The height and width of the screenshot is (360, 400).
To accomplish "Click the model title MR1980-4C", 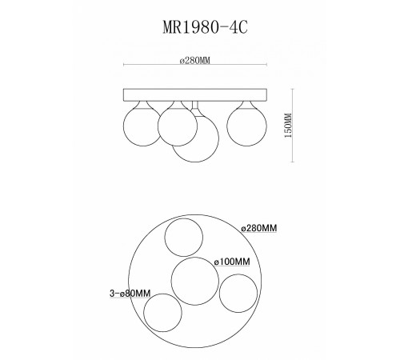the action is click(x=205, y=27).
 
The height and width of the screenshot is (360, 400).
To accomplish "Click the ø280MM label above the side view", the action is click(x=195, y=61).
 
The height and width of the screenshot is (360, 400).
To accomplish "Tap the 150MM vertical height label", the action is click(x=289, y=126).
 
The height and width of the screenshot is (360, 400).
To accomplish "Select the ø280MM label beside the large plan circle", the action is click(x=259, y=228).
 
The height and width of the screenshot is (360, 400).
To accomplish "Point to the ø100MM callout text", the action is click(x=232, y=262).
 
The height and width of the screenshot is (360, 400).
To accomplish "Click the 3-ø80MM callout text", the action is click(x=130, y=294).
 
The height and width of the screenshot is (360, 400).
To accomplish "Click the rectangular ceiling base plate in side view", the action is click(x=195, y=95).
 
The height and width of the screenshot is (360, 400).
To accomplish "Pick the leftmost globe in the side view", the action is click(x=142, y=126).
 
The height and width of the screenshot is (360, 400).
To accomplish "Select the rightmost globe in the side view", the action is click(x=246, y=126).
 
